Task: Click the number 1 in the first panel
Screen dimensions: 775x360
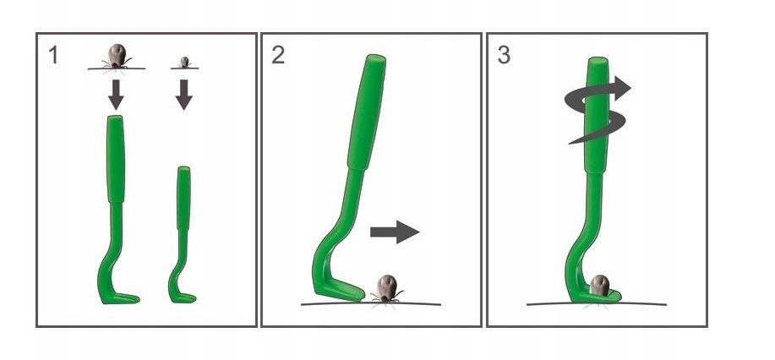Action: click(53, 55)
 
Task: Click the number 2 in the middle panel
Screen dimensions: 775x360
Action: click(278, 55)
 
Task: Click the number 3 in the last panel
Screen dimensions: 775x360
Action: click(504, 55)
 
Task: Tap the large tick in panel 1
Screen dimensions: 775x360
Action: click(117, 57)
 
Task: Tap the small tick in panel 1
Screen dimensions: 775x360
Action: click(184, 63)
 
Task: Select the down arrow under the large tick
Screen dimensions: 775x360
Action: click(116, 95)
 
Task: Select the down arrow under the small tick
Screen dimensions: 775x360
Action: click(184, 95)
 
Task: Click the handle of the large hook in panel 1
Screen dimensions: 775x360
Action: click(116, 159)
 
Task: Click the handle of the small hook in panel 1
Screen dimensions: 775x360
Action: click(184, 198)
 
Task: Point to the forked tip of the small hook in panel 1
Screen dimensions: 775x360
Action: click(190, 298)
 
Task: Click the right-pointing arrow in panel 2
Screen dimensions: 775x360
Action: click(395, 232)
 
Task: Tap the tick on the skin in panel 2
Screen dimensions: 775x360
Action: click(386, 289)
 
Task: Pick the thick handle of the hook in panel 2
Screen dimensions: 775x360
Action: click(367, 112)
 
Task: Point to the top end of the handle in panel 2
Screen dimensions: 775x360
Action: click(376, 58)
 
